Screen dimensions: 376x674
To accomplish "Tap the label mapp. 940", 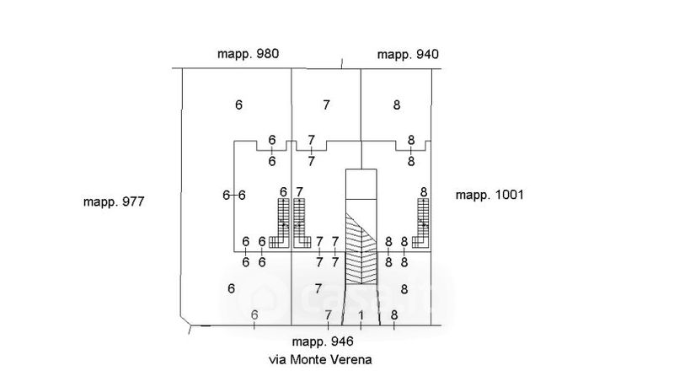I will [408, 55].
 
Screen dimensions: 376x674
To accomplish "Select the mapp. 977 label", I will [115, 202].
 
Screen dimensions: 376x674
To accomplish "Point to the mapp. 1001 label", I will [489, 195].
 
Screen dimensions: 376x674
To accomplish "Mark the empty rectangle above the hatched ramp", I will [361, 184].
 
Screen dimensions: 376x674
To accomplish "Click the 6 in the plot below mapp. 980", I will [238, 105].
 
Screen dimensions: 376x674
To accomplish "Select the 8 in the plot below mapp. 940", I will [396, 105].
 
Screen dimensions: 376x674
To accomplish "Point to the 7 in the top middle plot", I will [326, 105].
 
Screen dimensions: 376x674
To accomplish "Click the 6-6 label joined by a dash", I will [233, 195].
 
